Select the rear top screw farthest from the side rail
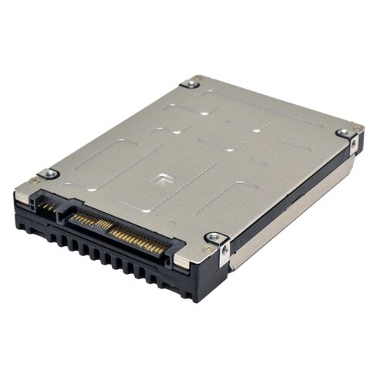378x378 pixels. tap(189, 83)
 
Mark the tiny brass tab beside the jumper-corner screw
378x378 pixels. tap(34, 181)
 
